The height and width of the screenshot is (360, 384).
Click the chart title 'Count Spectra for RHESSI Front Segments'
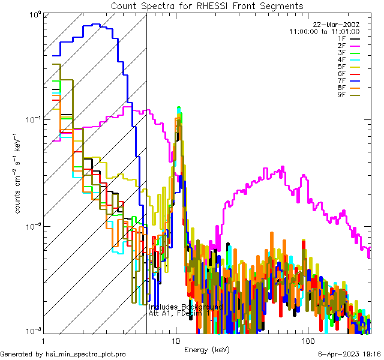click(x=207, y=6)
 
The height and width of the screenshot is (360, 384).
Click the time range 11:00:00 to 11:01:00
click(x=324, y=31)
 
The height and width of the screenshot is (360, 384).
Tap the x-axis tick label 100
click(x=307, y=341)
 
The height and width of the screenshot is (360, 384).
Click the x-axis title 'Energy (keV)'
click(x=206, y=349)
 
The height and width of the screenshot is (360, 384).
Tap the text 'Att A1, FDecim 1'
click(x=179, y=313)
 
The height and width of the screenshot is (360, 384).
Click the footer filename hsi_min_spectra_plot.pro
click(x=86, y=354)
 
